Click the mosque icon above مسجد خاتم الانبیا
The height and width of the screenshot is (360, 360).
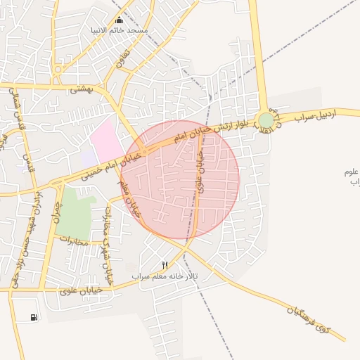click(x=118, y=20)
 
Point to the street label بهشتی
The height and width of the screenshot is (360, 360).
click(x=82, y=90)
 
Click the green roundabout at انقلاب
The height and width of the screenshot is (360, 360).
click(x=265, y=121)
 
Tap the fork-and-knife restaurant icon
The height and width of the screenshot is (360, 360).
click(x=165, y=265)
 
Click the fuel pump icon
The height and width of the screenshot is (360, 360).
click(x=34, y=318)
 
